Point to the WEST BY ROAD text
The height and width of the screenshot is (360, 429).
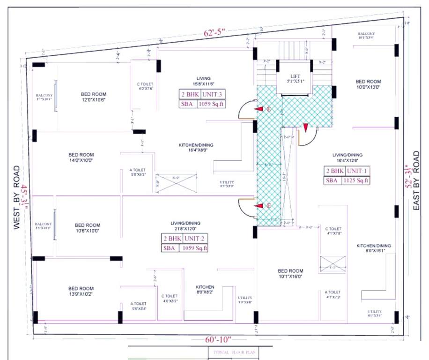17,197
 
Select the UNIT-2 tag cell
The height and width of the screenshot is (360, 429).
195,239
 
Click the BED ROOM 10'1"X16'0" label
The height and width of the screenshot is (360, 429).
290,274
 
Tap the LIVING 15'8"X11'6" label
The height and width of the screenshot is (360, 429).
203,81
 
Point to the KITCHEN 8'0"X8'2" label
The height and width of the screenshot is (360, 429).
205,290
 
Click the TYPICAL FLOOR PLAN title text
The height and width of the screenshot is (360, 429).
232,352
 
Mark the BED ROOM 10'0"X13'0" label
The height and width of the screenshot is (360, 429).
368,84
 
